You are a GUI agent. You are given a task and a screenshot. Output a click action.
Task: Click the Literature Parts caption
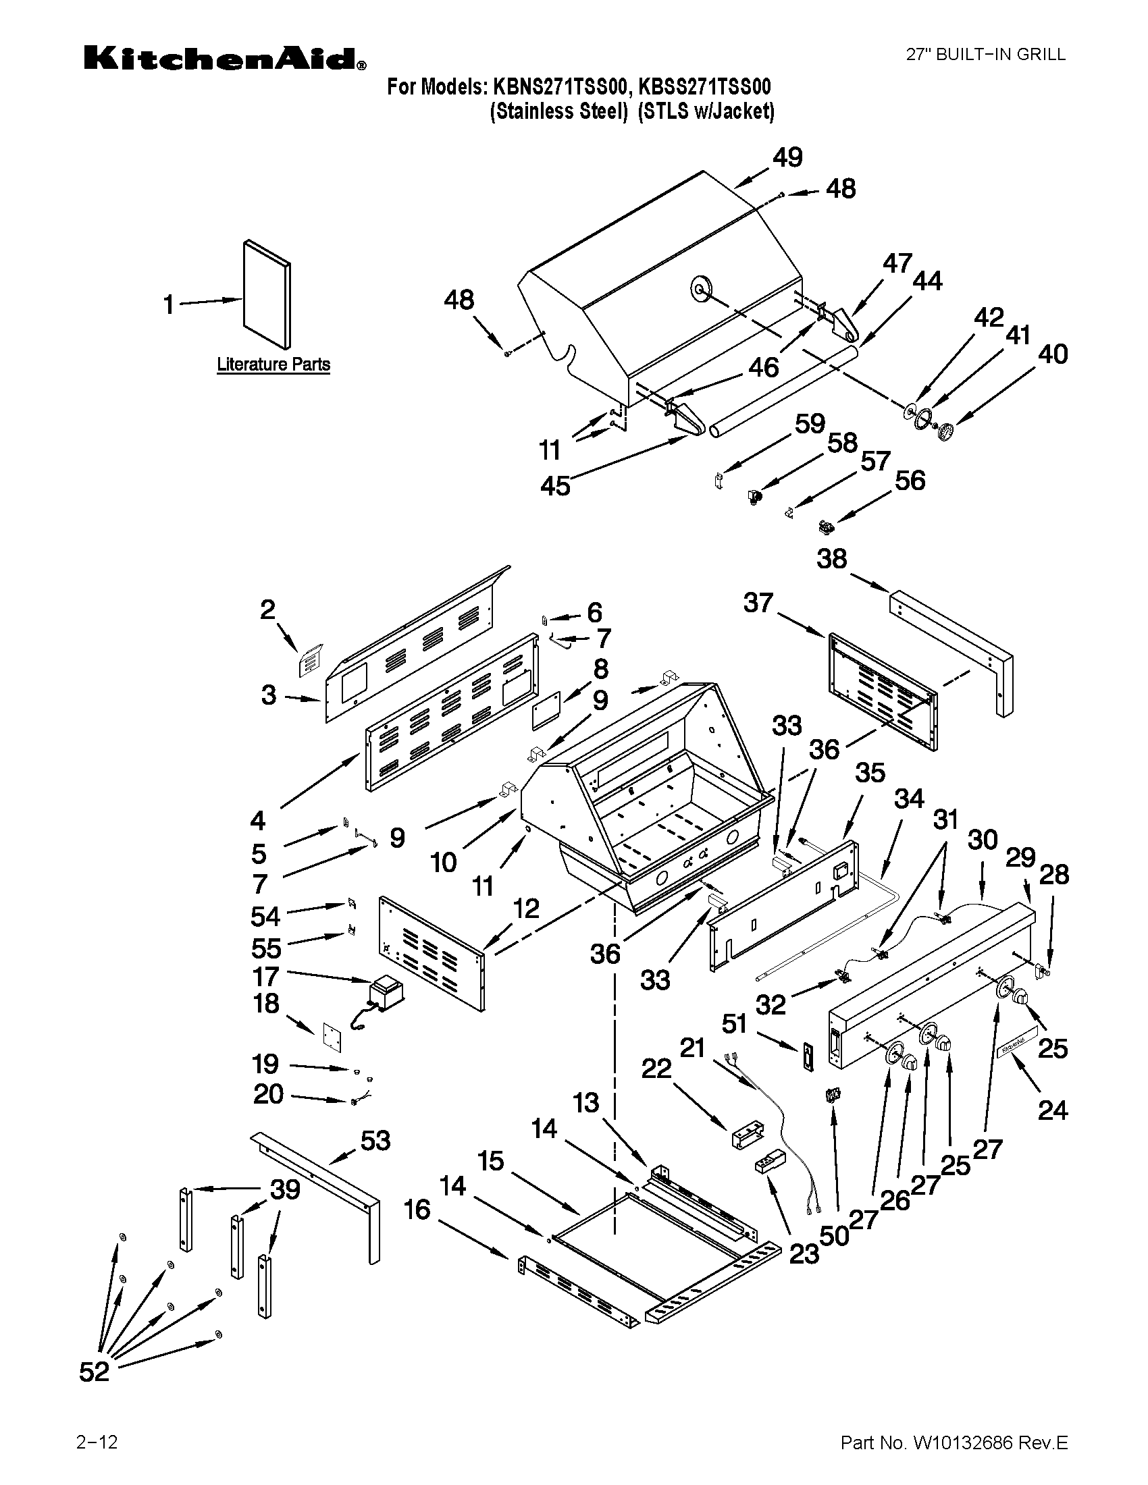273,364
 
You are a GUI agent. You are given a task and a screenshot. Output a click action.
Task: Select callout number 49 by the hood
787,158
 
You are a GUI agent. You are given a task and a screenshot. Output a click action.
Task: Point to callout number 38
832,559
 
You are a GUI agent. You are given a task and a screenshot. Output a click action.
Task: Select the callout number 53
375,1140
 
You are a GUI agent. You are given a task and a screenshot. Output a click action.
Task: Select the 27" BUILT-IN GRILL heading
985,55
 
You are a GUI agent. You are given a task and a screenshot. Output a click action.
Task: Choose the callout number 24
1052,1110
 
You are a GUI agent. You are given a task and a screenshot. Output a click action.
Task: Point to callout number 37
758,602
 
